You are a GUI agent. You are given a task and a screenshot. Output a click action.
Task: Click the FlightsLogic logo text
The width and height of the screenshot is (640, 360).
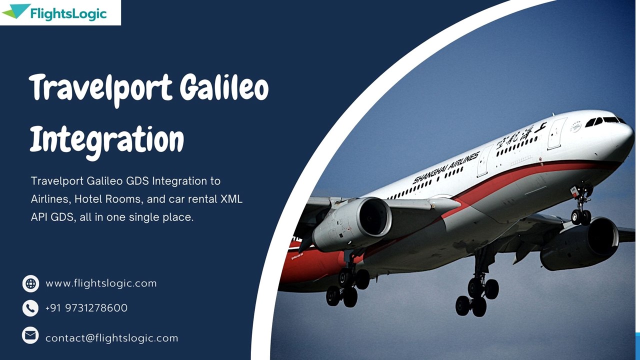(x=68, y=13)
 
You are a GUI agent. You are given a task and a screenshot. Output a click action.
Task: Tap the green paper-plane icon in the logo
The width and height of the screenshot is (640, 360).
(x=16, y=11)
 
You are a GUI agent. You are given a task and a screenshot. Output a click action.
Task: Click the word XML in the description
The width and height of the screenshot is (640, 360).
(x=231, y=198)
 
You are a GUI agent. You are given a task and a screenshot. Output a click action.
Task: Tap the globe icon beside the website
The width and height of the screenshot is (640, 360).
(x=30, y=283)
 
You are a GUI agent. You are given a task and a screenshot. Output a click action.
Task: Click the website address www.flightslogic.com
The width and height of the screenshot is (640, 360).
(x=101, y=283)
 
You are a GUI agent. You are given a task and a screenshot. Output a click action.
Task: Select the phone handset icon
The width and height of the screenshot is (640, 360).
(x=30, y=308)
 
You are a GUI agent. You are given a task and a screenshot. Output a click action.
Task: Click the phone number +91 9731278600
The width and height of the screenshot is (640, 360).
(x=86, y=308)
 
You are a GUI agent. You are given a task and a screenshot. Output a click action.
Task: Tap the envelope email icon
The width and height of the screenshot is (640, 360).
(x=30, y=335)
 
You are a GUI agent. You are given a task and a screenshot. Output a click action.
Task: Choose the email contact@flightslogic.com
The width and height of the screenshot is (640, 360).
(x=111, y=338)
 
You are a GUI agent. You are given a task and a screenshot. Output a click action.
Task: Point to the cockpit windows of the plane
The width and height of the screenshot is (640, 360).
(x=605, y=120)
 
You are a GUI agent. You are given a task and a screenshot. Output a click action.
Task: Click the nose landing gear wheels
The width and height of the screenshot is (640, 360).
(x=581, y=216)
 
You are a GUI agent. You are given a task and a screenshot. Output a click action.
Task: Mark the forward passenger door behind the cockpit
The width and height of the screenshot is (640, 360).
(x=556, y=133)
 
